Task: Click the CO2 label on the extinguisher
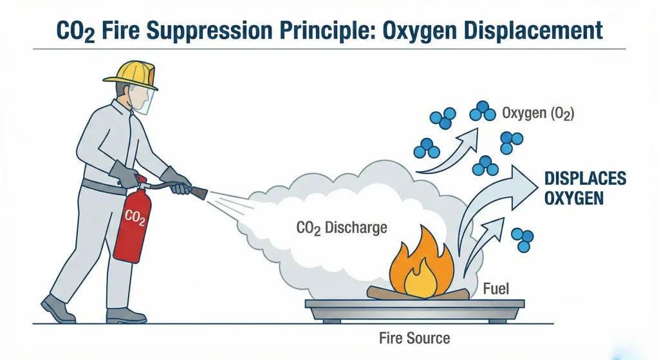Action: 135,217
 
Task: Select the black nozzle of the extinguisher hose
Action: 198,191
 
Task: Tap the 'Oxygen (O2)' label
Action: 537,114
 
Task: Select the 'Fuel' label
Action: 496,289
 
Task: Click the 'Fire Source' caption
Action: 415,338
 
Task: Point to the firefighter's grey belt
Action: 103,187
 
